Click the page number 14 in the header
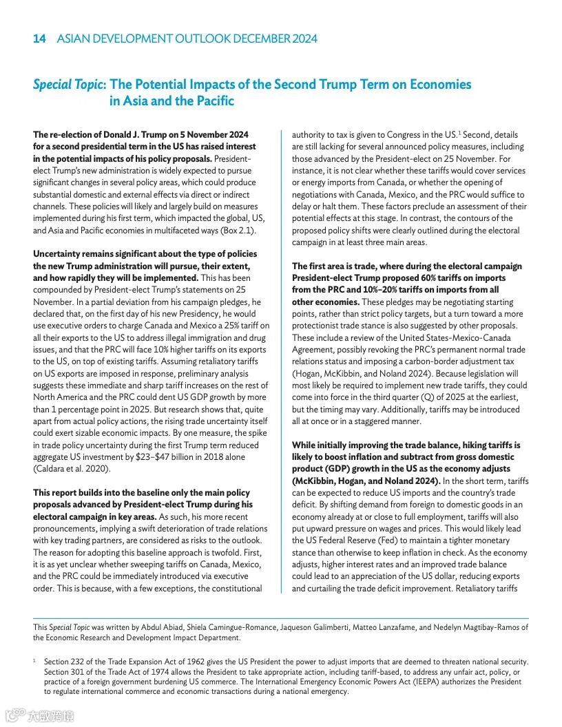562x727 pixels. (x=39, y=39)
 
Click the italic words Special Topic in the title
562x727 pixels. (x=70, y=85)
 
